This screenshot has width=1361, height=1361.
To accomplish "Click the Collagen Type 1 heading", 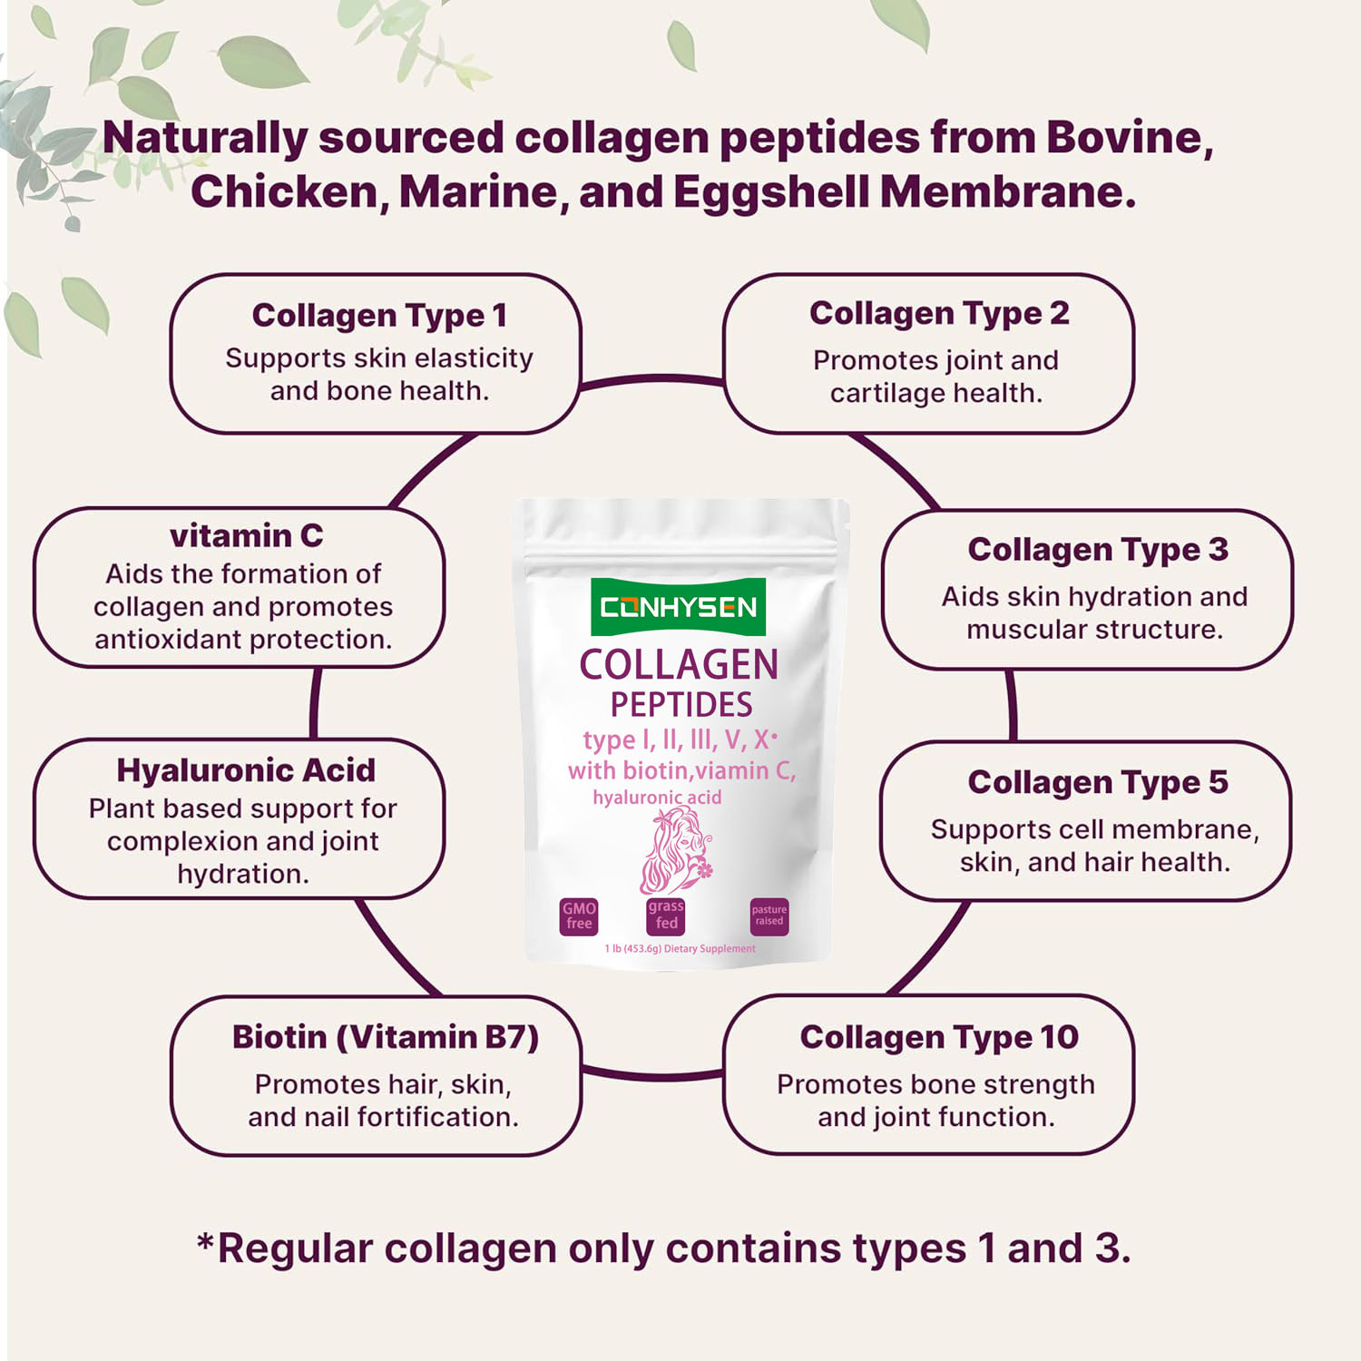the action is (379, 316).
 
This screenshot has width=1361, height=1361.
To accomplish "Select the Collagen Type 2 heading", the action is (939, 314).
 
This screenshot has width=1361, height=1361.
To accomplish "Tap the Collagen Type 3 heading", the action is (1098, 550).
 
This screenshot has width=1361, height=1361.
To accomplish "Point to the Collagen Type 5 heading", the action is (1098, 783).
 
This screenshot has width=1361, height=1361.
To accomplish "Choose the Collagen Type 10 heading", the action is (939, 1037).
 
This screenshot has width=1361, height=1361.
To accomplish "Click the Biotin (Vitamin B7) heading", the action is (386, 1037).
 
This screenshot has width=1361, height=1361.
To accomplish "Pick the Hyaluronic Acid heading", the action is (246, 770).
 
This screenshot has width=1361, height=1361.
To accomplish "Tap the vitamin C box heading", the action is (246, 535).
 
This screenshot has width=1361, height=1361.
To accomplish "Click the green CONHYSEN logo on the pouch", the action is (678, 606).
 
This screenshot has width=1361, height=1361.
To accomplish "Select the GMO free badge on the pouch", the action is (579, 916).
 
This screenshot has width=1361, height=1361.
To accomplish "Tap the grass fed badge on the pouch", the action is (666, 916).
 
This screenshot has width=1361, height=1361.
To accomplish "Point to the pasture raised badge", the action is (769, 916).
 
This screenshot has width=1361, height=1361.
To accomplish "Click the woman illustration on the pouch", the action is (677, 850).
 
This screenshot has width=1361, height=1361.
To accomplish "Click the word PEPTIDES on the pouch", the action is (681, 705).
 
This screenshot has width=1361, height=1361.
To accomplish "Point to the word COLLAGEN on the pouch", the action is (679, 665).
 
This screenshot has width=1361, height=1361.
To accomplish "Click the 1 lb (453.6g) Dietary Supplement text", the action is (680, 949).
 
